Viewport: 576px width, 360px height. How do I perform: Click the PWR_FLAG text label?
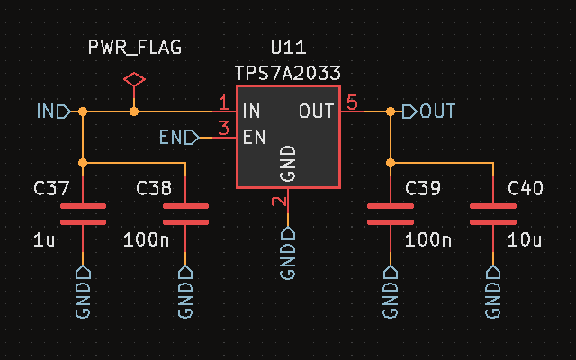click(x=134, y=48)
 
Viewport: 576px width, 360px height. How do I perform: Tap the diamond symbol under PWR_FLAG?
click(x=134, y=80)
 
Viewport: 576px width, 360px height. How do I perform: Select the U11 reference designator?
click(x=288, y=48)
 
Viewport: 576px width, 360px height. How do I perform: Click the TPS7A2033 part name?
click(x=288, y=73)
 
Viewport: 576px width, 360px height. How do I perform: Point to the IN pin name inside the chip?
click(x=252, y=112)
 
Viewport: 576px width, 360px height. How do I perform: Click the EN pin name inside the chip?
click(x=254, y=138)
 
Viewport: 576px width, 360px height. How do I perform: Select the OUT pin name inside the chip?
click(x=317, y=112)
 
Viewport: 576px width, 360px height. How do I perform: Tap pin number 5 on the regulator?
click(x=352, y=103)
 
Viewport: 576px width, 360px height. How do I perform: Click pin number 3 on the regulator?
click(x=223, y=129)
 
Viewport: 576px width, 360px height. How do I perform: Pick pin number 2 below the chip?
click(x=280, y=202)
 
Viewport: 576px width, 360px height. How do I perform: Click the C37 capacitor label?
click(x=51, y=189)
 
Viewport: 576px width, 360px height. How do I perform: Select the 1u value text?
click(x=45, y=240)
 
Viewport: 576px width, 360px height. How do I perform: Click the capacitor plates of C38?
click(x=185, y=214)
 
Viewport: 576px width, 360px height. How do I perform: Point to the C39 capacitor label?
click(x=423, y=189)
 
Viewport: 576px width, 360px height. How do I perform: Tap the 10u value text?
click(x=526, y=240)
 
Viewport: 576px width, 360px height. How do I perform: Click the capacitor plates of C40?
click(x=493, y=214)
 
